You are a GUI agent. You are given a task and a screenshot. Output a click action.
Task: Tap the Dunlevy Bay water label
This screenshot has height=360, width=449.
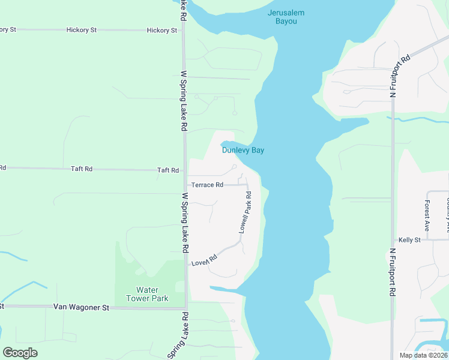click(x=243, y=150)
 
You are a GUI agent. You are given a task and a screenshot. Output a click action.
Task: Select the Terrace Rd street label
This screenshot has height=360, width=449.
click(x=207, y=185)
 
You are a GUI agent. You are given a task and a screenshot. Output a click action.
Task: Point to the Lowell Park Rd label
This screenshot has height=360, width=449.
click(x=244, y=213)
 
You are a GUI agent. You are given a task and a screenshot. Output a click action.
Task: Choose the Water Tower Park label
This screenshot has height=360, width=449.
click(x=147, y=294)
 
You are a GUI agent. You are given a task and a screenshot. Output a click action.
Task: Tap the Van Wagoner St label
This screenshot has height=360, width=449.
click(x=81, y=307)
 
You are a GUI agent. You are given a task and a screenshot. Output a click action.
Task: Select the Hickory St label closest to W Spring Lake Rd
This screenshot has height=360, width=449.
click(x=162, y=30)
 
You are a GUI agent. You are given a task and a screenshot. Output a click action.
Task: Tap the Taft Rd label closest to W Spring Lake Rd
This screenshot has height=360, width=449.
click(x=167, y=170)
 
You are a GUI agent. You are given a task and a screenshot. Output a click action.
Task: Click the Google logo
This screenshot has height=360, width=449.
click(x=20, y=353)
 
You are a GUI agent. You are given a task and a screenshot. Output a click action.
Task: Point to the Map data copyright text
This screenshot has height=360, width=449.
click(x=423, y=355)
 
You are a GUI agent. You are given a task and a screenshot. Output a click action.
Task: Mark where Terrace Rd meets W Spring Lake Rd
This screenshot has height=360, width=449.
click(x=185, y=185)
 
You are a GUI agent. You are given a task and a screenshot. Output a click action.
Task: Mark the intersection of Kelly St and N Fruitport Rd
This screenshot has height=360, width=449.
click(x=393, y=239)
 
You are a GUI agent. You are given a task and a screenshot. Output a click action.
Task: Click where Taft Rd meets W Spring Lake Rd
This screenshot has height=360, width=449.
click(x=185, y=170)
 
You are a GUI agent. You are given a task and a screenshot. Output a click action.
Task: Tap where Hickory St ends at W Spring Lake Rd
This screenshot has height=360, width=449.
click(x=184, y=30)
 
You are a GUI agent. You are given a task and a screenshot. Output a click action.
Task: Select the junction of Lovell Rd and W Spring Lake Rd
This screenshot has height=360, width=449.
click(x=186, y=265)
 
